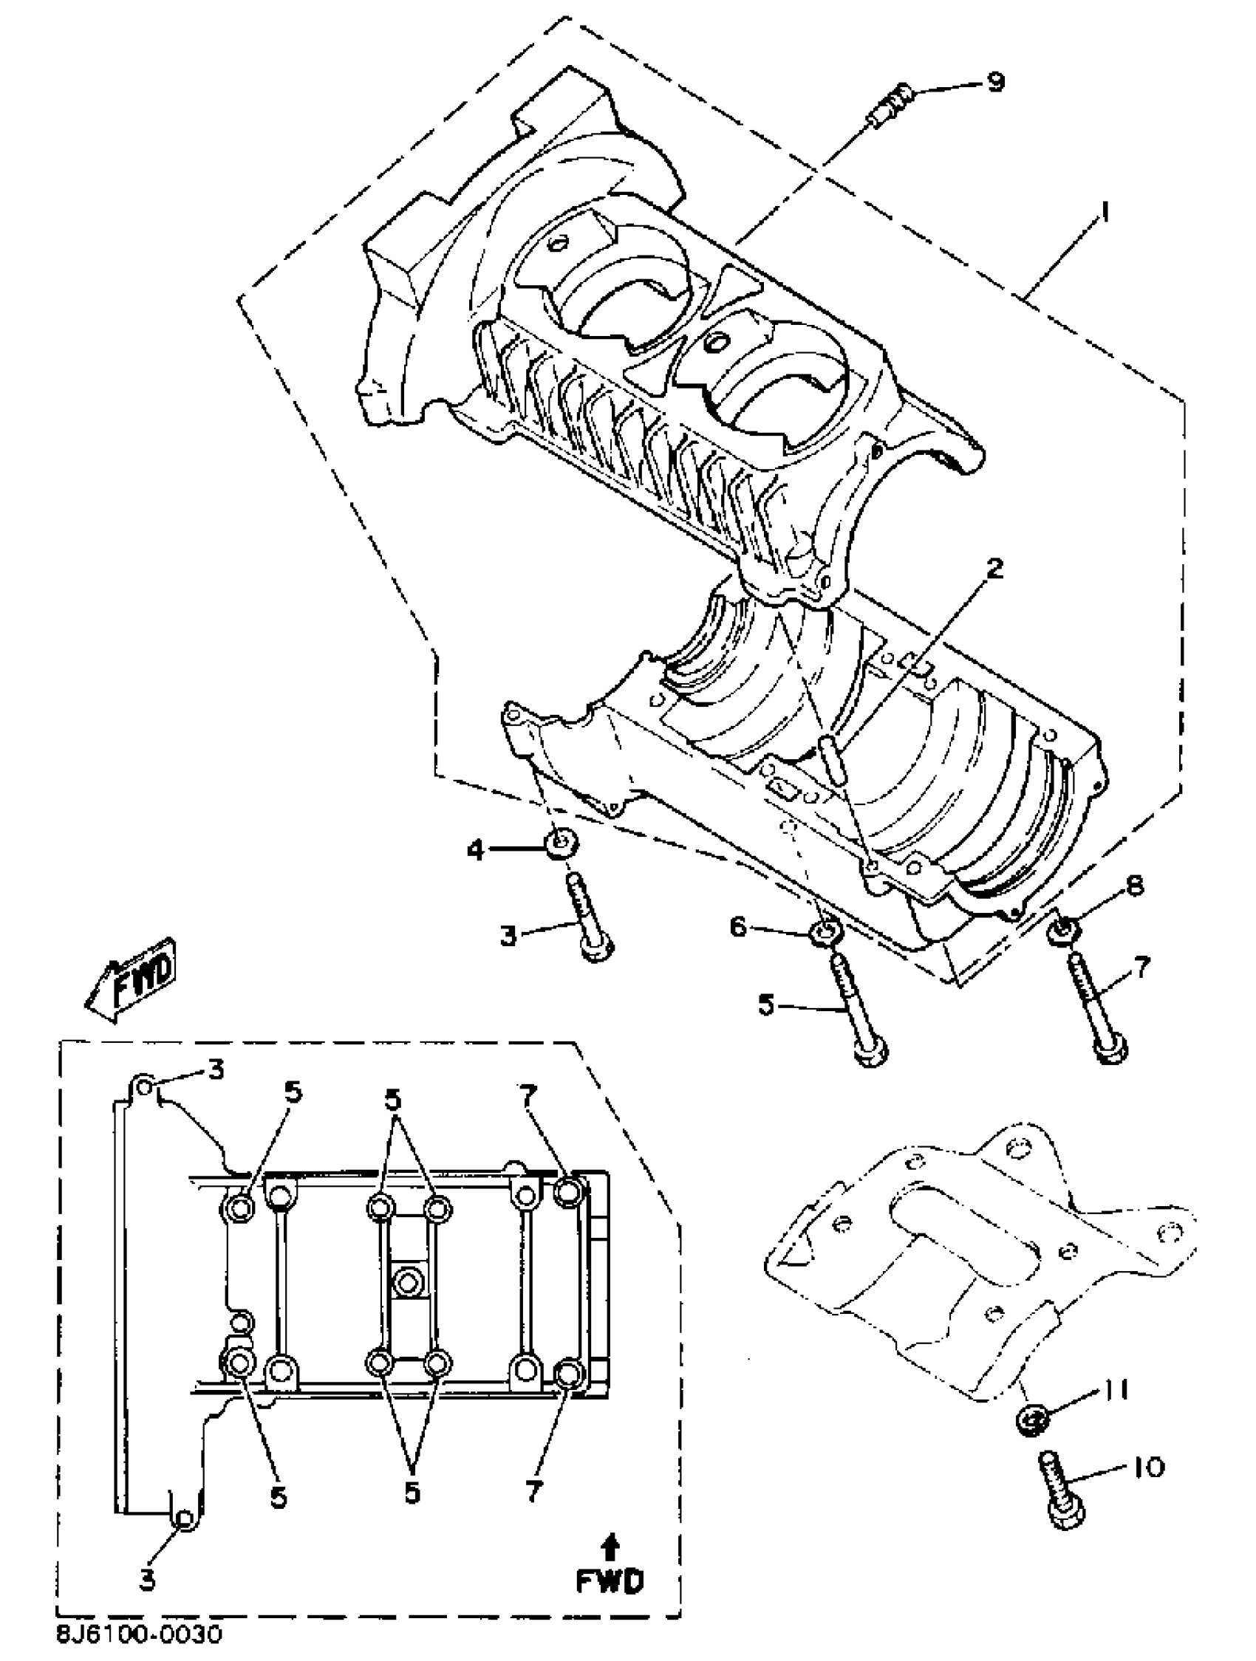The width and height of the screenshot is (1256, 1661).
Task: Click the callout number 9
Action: (995, 81)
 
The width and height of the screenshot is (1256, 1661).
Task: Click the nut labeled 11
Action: (1033, 1419)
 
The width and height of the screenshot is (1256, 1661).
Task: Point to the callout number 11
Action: (1115, 1391)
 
